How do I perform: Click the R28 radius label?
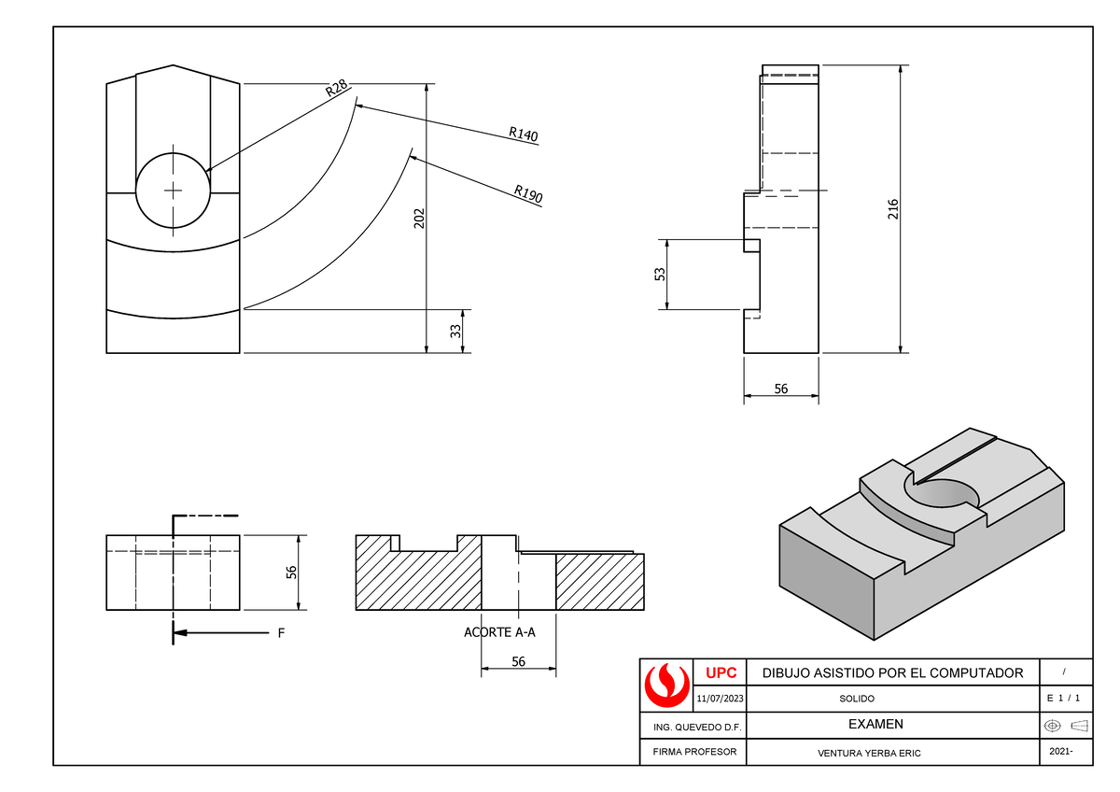(x=336, y=89)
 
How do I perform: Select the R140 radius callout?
(x=523, y=135)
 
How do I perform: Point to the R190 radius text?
(x=527, y=194)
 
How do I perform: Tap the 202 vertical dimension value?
(x=420, y=218)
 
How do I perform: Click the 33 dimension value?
(x=456, y=332)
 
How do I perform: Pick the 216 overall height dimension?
(x=893, y=209)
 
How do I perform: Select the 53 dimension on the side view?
(x=660, y=275)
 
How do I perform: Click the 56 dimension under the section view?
(x=518, y=661)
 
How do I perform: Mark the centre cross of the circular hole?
(x=173, y=191)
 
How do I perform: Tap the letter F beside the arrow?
(x=279, y=633)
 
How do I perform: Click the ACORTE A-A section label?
(x=499, y=632)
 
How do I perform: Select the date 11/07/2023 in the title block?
(x=720, y=699)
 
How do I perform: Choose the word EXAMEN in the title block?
(x=875, y=724)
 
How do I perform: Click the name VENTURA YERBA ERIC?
(x=868, y=753)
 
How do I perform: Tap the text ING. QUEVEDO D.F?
(x=692, y=726)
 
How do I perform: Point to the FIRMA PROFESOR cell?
(x=692, y=752)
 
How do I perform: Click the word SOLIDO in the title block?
(x=857, y=699)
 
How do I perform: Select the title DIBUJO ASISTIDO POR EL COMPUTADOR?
(x=892, y=672)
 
